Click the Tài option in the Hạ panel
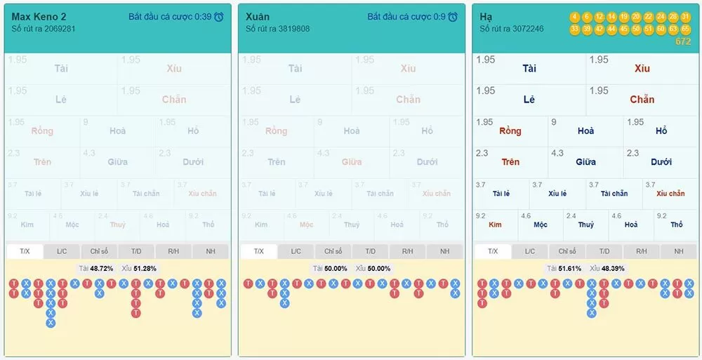tap(529, 69)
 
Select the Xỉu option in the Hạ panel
tap(642, 69)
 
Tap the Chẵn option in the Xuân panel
tap(408, 100)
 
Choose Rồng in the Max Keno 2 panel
tap(42, 131)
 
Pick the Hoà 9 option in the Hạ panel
tap(585, 131)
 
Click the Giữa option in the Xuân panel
tap(352, 162)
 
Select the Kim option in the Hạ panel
tap(495, 225)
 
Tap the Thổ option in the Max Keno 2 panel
tap(208, 225)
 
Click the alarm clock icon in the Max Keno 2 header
tap(219, 17)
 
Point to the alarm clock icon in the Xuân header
tap(453, 17)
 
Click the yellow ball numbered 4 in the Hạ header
tap(575, 17)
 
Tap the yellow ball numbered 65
tap(686, 29)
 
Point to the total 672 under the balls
tap(683, 41)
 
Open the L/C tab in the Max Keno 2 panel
tap(62, 251)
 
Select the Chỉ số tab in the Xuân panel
tap(333, 251)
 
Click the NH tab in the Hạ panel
tap(679, 251)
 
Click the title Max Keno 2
tap(39, 16)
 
